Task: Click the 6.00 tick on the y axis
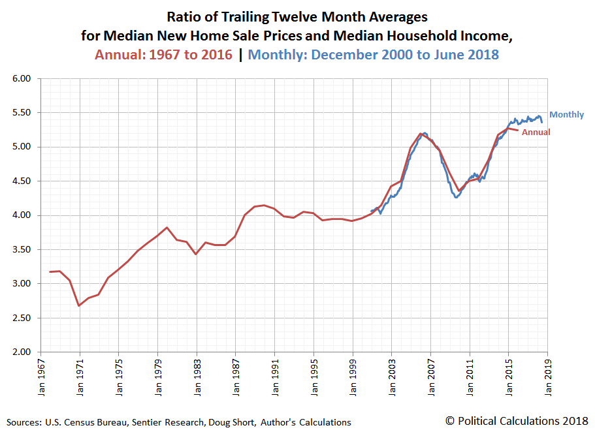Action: coord(22,78)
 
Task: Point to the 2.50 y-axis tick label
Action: coord(22,318)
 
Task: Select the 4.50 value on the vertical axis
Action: coord(22,181)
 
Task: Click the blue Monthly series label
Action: coord(566,115)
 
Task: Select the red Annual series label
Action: coord(536,132)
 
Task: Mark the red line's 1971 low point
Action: coord(79,305)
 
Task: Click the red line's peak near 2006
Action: coord(420,134)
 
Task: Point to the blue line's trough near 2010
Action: coord(457,197)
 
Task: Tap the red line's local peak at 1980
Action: coord(167,228)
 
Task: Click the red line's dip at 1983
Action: coord(196,254)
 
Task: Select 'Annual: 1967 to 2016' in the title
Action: coord(163,55)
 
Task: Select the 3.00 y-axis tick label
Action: coord(22,284)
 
